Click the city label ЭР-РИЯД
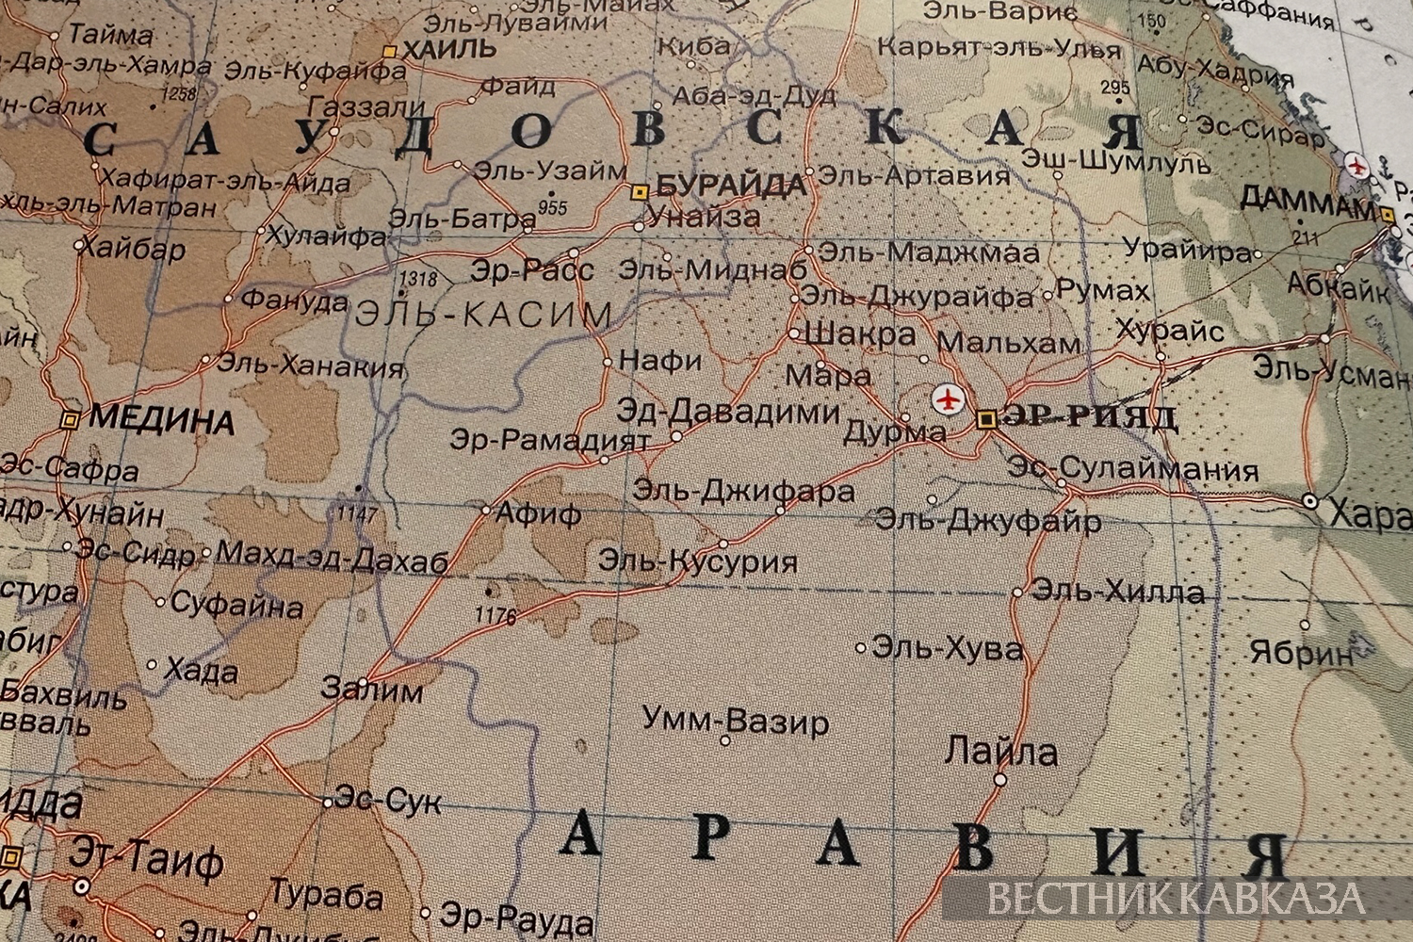pyautogui.click(x=1090, y=417)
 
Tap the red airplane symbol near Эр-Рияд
pyautogui.click(x=948, y=399)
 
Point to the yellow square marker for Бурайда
pyautogui.click(x=640, y=192)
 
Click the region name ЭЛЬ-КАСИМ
pyautogui.click(x=483, y=315)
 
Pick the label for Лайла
pyautogui.click(x=1000, y=753)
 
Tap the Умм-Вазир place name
pyautogui.click(x=736, y=722)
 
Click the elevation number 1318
pyautogui.click(x=418, y=279)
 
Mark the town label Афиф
pyautogui.click(x=538, y=514)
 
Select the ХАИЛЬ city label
pyautogui.click(x=448, y=49)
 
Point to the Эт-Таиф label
pyautogui.click(x=147, y=859)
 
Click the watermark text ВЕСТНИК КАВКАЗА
pyautogui.click(x=1177, y=898)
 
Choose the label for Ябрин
pyautogui.click(x=1301, y=652)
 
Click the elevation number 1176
pyautogui.click(x=496, y=617)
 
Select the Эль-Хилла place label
pyautogui.click(x=1117, y=592)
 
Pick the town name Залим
pyautogui.click(x=372, y=690)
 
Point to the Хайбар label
pyautogui.click(x=132, y=249)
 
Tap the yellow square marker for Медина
pyautogui.click(x=69, y=419)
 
